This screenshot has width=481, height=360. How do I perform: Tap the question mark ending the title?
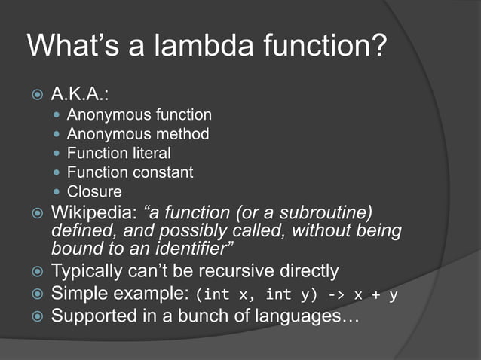coord(378,46)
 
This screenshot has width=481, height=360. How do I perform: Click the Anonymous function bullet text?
coord(139,115)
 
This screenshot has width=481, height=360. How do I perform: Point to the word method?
coord(184,135)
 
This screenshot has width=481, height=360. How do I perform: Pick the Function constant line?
coord(130,172)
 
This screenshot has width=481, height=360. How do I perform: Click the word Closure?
coord(94,191)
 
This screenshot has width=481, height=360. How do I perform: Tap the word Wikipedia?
coord(90,212)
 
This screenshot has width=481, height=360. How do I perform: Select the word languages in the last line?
coord(290,316)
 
